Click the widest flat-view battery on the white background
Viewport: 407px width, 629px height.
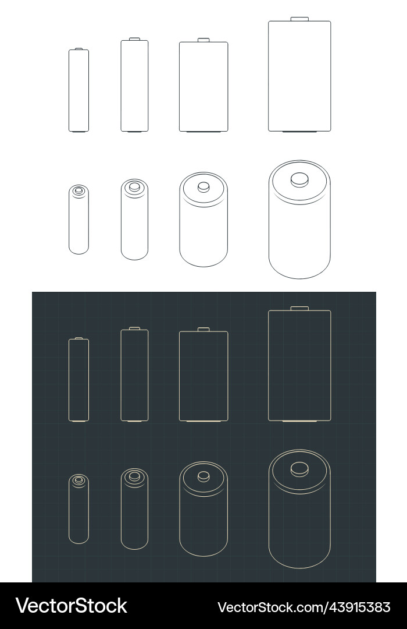click(299, 76)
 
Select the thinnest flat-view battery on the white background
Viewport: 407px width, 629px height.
click(79, 90)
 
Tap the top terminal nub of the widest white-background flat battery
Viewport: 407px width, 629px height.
click(299, 19)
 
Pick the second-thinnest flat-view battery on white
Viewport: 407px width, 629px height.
click(134, 86)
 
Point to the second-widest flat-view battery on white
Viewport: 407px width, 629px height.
click(203, 86)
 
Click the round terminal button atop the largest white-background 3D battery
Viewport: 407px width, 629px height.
click(299, 179)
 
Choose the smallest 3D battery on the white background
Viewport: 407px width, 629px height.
click(79, 220)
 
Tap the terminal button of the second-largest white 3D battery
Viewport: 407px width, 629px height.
click(203, 187)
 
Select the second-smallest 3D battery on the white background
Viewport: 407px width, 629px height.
click(134, 220)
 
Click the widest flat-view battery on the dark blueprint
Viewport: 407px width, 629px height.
click(299, 365)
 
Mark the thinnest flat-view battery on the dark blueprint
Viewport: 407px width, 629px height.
click(79, 379)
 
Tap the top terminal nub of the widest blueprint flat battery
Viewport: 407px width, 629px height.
click(299, 308)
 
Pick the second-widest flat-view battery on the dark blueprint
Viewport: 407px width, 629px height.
click(203, 376)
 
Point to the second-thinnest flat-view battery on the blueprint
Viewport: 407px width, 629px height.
click(134, 375)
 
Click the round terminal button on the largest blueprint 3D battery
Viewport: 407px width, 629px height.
click(299, 468)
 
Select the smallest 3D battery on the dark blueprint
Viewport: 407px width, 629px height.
click(79, 510)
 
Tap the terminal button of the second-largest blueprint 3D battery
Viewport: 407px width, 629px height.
click(203, 476)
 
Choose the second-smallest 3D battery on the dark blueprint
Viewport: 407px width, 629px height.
click(134, 510)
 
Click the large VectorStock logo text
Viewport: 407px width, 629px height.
click(72, 606)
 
